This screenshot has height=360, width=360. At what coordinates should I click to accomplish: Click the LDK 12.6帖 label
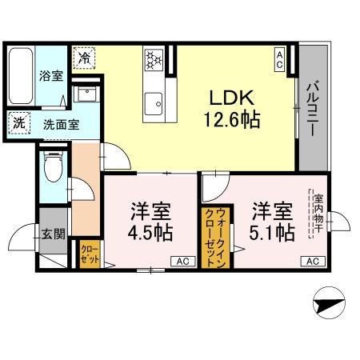[232, 109]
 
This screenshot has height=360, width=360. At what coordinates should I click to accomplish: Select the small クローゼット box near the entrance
[89, 255]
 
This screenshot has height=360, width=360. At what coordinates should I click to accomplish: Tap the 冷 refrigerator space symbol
[85, 57]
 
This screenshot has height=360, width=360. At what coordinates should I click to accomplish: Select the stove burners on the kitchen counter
[153, 59]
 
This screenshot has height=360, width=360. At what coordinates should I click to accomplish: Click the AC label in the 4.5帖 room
[182, 262]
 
